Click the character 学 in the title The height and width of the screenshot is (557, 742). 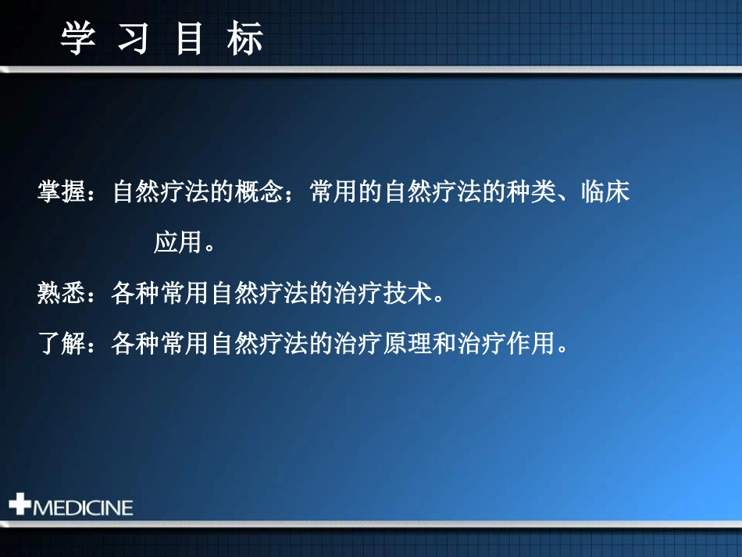pos(78,38)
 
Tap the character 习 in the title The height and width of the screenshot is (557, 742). pos(134,38)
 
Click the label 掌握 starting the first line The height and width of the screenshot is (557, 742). pos(62,192)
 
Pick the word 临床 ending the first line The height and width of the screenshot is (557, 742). pos(605,192)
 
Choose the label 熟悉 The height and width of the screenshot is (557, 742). pos(62,294)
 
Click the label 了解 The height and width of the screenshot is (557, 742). pos(62,343)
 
